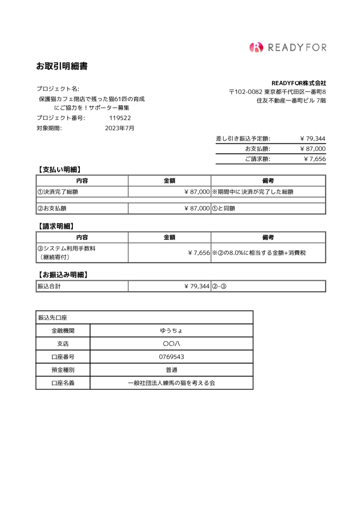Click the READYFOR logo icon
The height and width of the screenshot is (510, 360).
[256, 47]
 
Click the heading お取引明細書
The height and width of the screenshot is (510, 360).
[62, 66]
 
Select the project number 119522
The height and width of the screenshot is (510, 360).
[120, 118]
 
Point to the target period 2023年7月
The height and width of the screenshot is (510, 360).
[119, 128]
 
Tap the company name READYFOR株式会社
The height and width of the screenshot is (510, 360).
[298, 83]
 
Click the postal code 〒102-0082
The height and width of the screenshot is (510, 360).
[246, 92]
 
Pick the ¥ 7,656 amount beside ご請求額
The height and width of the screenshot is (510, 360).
[315, 159]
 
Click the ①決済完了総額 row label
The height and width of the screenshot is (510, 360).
[58, 192]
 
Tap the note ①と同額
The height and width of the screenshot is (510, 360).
[224, 209]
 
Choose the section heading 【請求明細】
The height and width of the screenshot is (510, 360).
[55, 226]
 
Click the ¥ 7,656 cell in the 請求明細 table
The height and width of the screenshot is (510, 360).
[199, 253]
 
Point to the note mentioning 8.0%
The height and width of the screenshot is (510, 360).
[262, 253]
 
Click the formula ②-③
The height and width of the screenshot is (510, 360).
[219, 286]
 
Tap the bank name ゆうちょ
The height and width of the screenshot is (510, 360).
[171, 330]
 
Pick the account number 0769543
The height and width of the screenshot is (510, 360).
[171, 357]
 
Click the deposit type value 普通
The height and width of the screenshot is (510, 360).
[171, 370]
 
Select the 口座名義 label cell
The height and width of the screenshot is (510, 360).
[63, 383]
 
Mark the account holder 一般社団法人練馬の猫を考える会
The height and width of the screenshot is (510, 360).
[171, 383]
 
